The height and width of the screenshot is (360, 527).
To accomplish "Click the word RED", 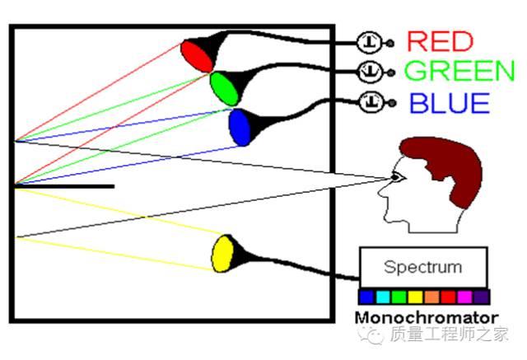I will click(441, 41).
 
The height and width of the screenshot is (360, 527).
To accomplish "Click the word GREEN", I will click(459, 72).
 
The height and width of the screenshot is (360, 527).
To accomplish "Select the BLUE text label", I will click(449, 103).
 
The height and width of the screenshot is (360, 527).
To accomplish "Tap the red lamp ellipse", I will click(196, 55).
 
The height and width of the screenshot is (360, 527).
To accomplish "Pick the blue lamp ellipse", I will click(240, 127).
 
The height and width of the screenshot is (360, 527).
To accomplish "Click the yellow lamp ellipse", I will click(222, 253).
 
